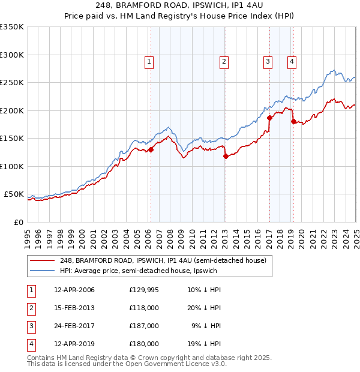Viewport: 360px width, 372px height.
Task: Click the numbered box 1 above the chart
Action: [x=148, y=61]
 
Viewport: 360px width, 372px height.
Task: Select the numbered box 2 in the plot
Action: [x=223, y=61]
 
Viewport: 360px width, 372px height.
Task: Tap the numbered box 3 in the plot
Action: [x=268, y=61]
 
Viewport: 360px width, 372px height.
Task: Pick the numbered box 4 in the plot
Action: [x=291, y=61]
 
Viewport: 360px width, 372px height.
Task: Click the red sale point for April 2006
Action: [x=151, y=150]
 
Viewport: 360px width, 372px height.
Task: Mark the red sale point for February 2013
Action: [x=226, y=157]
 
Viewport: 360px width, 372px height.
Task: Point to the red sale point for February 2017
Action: [x=269, y=118]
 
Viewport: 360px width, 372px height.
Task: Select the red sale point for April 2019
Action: [x=293, y=122]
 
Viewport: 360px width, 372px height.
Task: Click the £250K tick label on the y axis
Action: [x=12, y=82]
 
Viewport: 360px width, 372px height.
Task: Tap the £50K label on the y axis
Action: [x=14, y=194]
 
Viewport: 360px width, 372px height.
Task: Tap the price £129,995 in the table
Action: [x=144, y=290]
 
